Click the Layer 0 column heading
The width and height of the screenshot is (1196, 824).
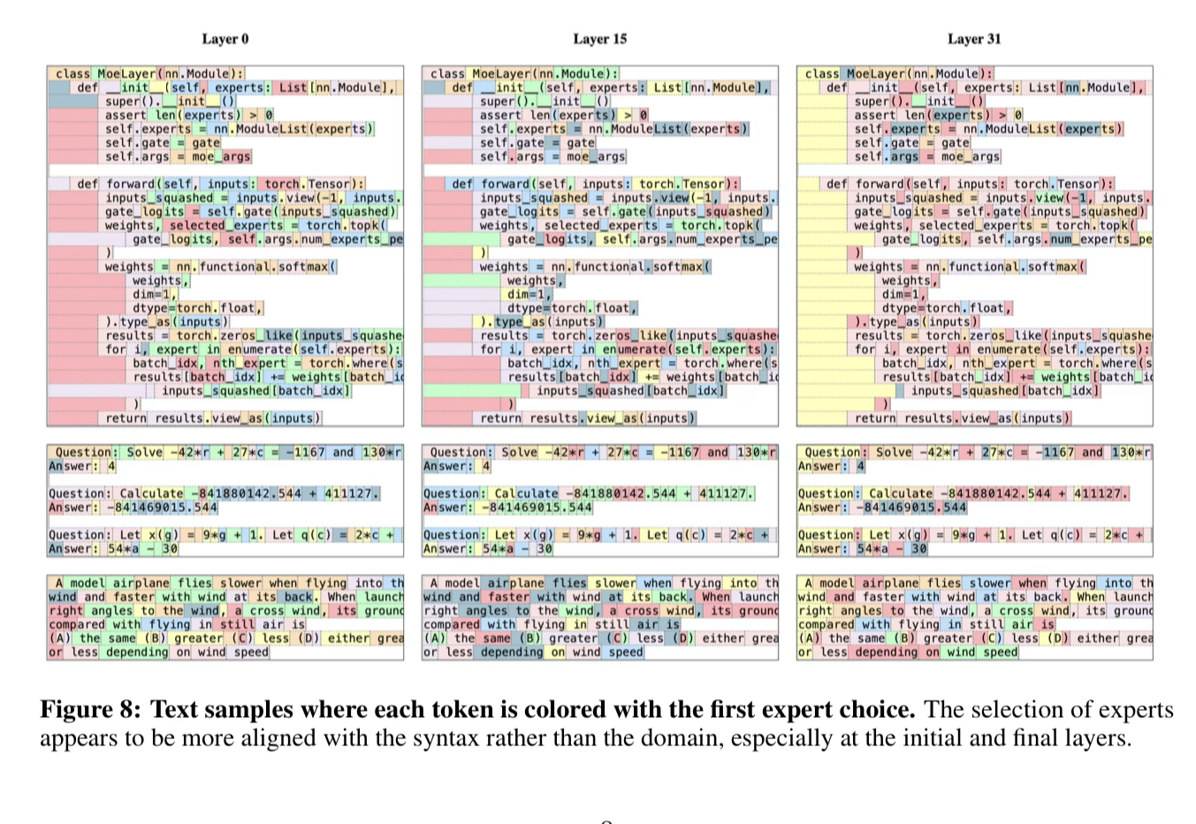(225, 39)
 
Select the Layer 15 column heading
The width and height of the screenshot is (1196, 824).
(599, 39)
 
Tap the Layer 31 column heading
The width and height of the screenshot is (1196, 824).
(974, 39)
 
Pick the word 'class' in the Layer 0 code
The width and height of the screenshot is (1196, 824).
(72, 73)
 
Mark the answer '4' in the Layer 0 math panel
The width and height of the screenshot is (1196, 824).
(112, 466)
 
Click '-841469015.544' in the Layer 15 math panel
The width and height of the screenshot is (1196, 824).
(537, 507)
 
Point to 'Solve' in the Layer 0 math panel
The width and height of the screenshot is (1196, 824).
(145, 452)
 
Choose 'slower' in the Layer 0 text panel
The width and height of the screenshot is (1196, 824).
(240, 583)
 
